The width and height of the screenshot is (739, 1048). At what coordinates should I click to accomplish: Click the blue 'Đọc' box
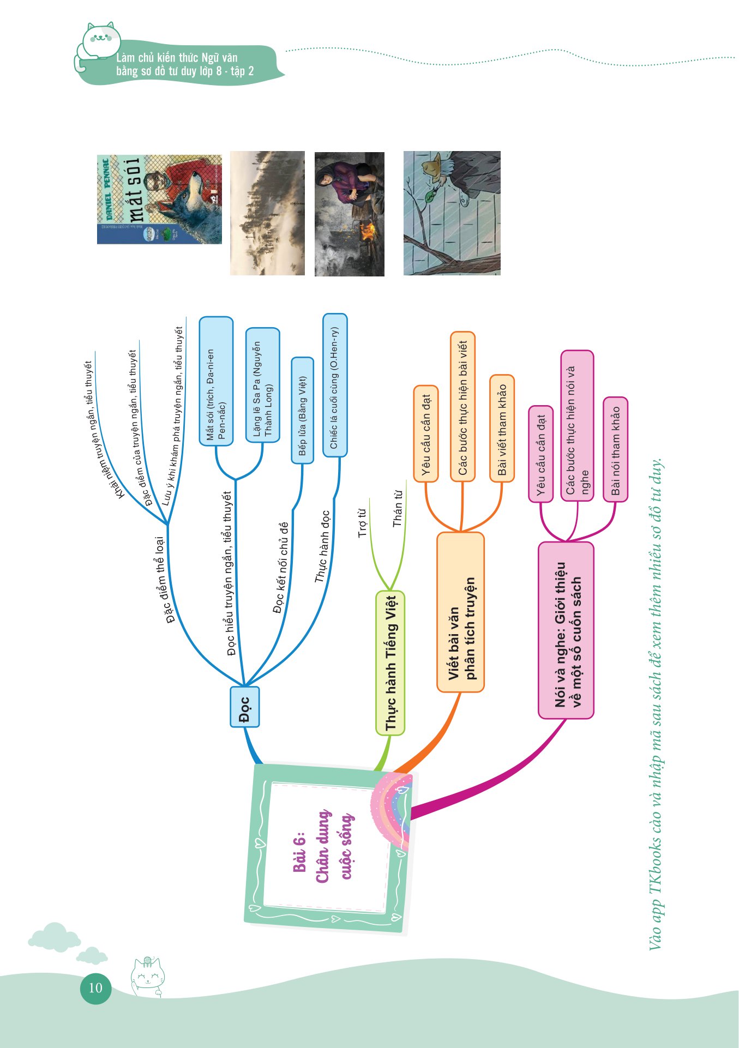pyautogui.click(x=244, y=707)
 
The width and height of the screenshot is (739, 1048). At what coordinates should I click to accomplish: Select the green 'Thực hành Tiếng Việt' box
pyautogui.click(x=390, y=663)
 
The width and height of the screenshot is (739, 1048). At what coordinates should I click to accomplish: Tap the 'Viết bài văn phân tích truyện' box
pyautogui.click(x=461, y=612)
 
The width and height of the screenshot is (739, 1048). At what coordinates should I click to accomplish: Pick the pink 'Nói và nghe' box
pyautogui.click(x=566, y=630)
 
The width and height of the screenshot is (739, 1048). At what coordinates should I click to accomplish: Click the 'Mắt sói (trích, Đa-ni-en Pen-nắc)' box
pyautogui.click(x=216, y=381)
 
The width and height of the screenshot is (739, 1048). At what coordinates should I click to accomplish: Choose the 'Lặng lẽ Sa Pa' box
pyautogui.click(x=262, y=385)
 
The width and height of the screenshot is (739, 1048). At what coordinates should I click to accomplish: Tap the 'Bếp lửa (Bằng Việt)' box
pyautogui.click(x=302, y=411)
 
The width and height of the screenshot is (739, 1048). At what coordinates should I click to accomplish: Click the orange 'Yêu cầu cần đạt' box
pyautogui.click(x=426, y=433)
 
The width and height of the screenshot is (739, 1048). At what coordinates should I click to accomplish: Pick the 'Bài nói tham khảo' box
pyautogui.click(x=615, y=449)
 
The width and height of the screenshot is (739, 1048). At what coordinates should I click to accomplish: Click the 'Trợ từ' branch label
pyautogui.click(x=362, y=523)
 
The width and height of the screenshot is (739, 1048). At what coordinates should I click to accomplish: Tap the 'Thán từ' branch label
pyautogui.click(x=398, y=508)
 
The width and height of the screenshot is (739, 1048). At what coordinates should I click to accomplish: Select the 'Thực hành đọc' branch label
pyautogui.click(x=322, y=546)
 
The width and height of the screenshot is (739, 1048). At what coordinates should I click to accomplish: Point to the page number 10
pyautogui.click(x=95, y=987)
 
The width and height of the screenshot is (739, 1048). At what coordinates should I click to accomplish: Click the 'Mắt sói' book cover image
pyautogui.click(x=159, y=200)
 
